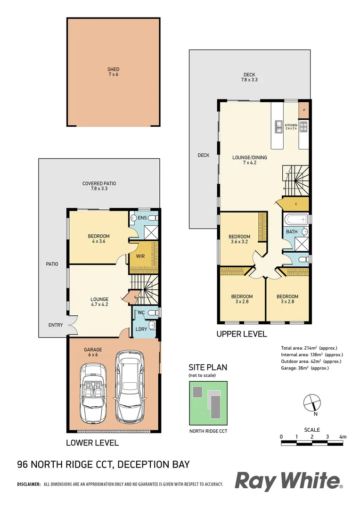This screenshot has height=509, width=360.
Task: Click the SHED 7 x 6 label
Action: [113, 72]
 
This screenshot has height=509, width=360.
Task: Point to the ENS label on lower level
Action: [143, 218]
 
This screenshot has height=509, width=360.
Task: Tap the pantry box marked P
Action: [304, 110]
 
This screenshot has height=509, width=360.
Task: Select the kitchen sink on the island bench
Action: [278, 125]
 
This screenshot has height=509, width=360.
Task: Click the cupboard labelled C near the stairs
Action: [295, 204]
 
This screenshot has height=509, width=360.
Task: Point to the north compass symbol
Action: [312, 403]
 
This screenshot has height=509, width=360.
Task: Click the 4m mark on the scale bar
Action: [343, 437]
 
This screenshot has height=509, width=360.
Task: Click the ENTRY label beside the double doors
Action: [55, 325]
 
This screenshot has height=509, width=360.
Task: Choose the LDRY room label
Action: [141, 328]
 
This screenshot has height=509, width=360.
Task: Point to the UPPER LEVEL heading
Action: [241, 334]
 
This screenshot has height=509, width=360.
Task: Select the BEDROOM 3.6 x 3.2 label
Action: [239, 239]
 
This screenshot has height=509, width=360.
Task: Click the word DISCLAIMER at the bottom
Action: [29, 484]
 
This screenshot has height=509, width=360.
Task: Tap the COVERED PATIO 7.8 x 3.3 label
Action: [99, 186]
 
